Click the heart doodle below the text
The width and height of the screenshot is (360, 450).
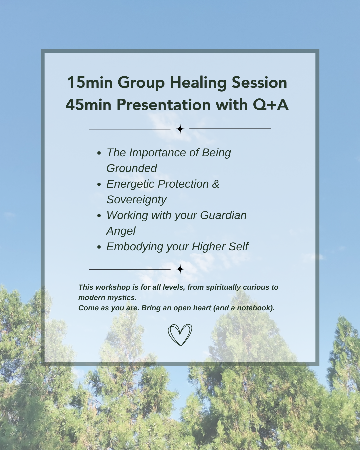point(180,335)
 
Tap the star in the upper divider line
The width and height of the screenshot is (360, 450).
point(180,129)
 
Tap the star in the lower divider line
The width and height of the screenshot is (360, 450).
point(180,269)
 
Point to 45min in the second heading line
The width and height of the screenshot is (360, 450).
point(88,105)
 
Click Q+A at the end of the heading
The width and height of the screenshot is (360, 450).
point(271,105)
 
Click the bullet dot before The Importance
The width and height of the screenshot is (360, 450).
point(99,153)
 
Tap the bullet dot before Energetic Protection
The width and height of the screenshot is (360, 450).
point(99,184)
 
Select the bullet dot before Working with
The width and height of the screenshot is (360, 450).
point(99,216)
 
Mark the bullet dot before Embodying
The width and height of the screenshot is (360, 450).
point(99,247)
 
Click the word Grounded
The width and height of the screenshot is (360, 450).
point(132,168)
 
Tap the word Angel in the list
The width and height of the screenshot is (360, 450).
point(121,231)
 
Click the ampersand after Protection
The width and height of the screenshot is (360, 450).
point(216,184)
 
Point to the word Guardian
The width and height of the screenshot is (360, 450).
point(223,215)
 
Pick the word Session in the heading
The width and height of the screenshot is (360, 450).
point(259,82)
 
